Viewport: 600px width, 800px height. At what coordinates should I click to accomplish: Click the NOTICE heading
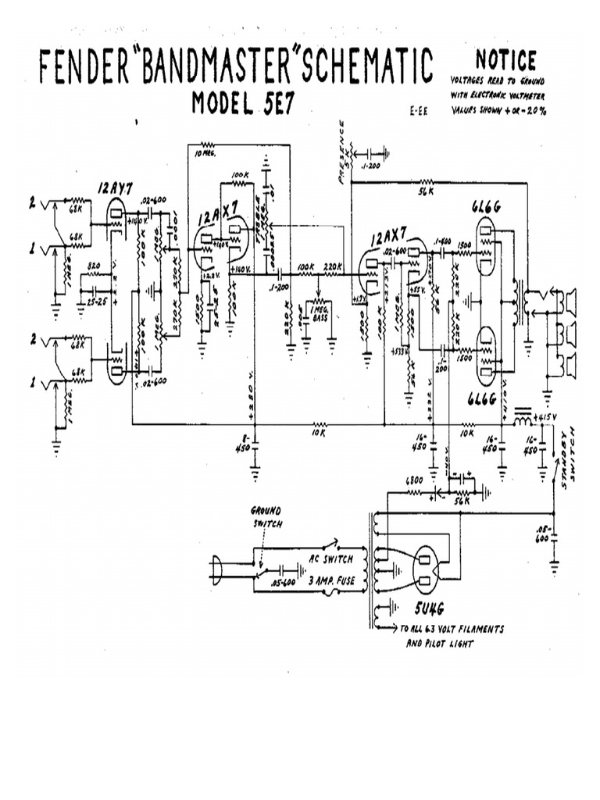point(505,60)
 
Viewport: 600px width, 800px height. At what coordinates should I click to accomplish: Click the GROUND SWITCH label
point(266,516)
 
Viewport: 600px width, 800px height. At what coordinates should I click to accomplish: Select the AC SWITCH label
point(332,559)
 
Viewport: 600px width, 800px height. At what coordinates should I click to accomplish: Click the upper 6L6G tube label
point(487,206)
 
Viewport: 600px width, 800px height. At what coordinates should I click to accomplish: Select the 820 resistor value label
point(94,266)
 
